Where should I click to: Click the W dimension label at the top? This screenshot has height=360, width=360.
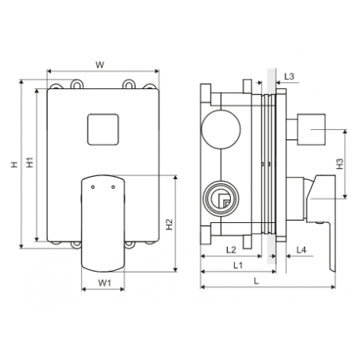point(100,65)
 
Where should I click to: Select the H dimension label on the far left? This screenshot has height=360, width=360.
point(14,164)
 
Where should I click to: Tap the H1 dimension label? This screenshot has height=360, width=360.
point(29,162)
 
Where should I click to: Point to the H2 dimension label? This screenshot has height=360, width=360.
point(169,225)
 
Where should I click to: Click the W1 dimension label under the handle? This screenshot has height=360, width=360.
point(104,283)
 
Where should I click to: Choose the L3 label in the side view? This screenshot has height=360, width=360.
point(289,76)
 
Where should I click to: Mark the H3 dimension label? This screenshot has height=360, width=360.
point(339,163)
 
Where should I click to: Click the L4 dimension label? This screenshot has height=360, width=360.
point(301,250)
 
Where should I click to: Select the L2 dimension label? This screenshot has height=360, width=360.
point(231,250)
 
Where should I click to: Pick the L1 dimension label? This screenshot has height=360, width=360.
point(238,265)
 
